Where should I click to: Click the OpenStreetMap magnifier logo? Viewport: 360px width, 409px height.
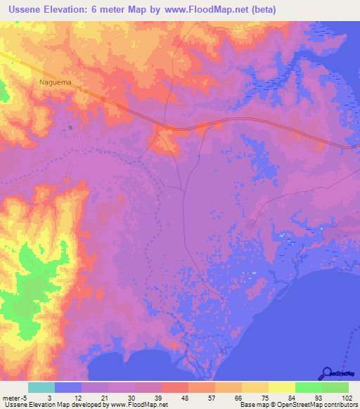click(326, 373)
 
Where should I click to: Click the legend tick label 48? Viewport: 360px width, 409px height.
click(184, 397)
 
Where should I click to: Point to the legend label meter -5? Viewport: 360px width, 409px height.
click(14, 397)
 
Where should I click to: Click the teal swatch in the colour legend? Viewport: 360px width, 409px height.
click(41, 387)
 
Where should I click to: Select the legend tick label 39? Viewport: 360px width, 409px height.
click(157, 397)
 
